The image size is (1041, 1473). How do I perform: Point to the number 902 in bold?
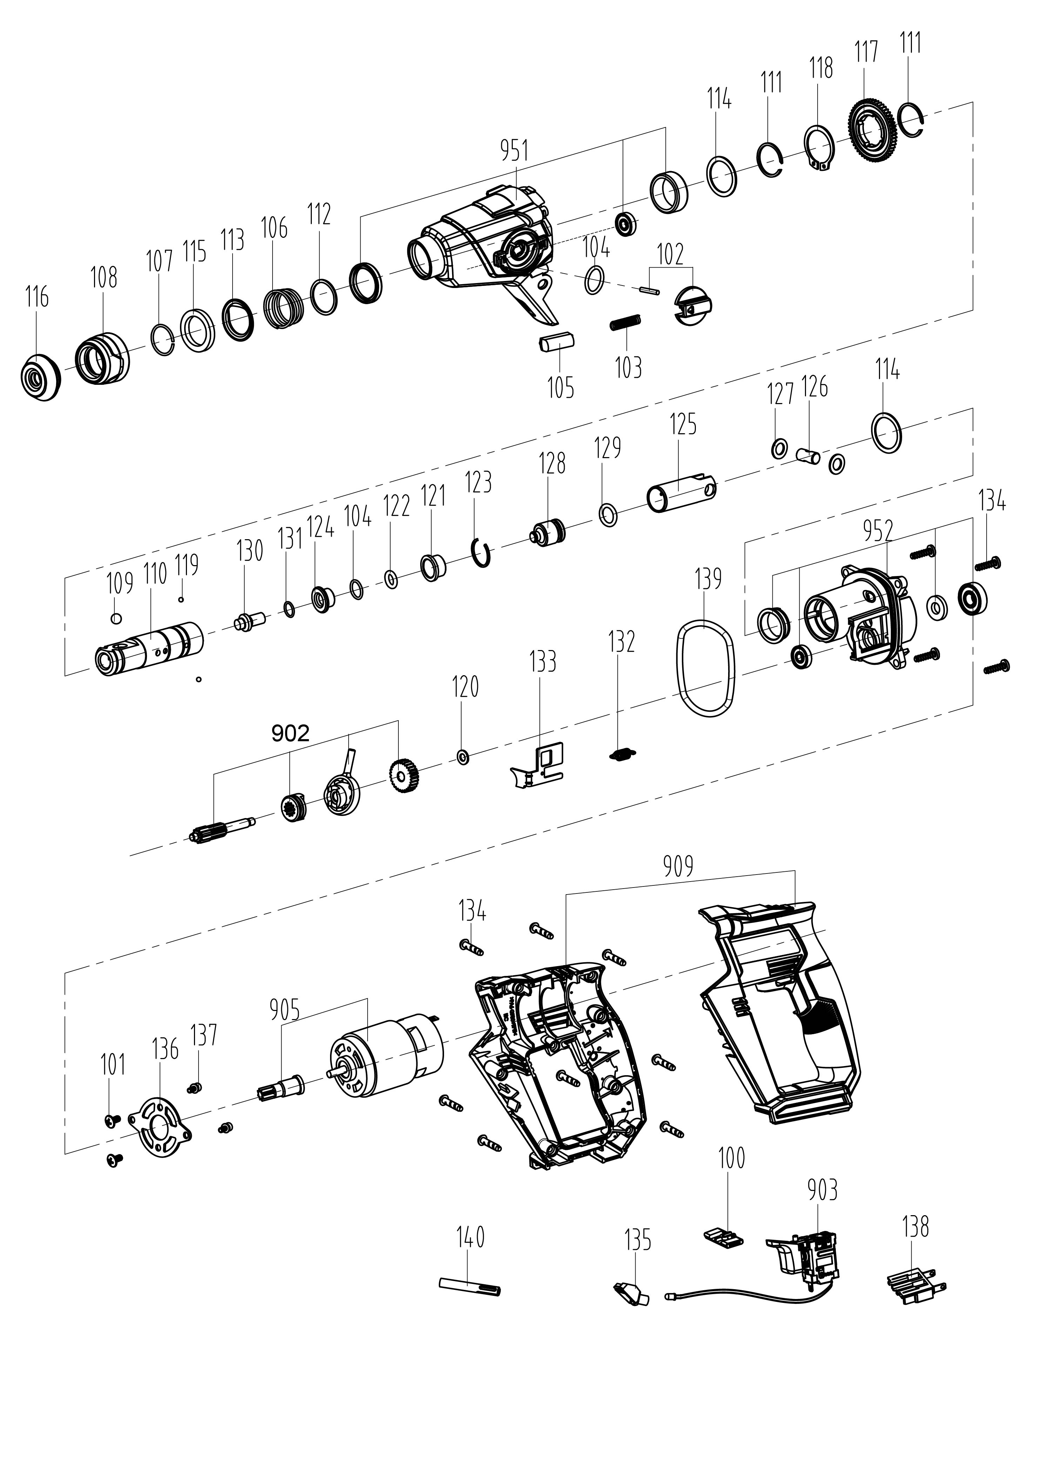290,733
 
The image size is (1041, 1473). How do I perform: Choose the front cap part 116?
40,378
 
